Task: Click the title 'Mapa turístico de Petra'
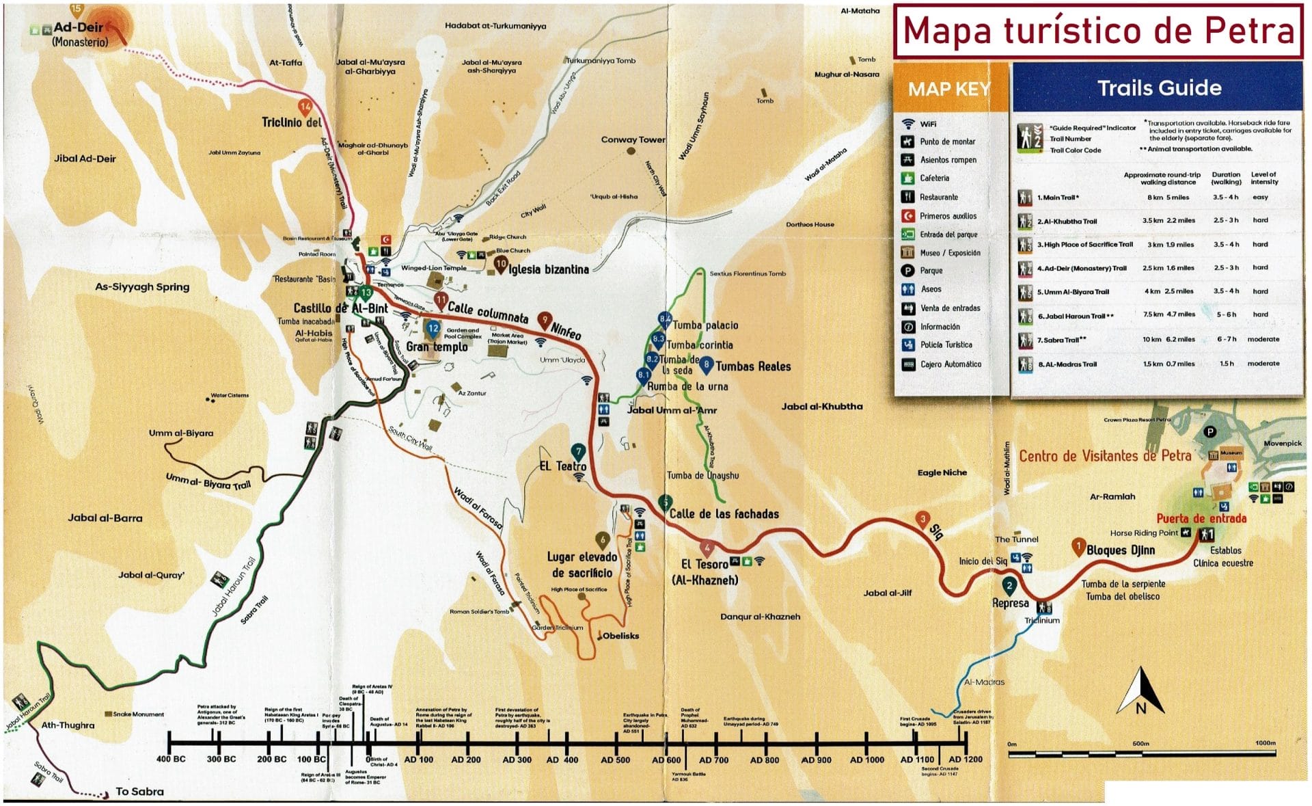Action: [x=1098, y=31]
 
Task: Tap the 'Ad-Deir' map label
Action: [x=79, y=28]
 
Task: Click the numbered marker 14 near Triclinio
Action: [x=305, y=107]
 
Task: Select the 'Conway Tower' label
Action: [x=633, y=139]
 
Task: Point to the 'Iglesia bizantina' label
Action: [x=548, y=269]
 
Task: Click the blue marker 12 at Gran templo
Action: [x=433, y=329]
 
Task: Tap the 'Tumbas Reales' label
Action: [x=752, y=366]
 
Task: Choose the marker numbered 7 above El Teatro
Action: [x=579, y=451]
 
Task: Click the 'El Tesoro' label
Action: [x=705, y=565]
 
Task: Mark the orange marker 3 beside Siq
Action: [x=922, y=520]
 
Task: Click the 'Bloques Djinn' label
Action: [x=1120, y=550]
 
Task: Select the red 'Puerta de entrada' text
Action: [x=1201, y=518]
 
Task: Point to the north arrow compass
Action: [x=1140, y=692]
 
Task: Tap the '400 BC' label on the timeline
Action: [x=171, y=759]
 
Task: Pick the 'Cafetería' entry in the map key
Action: [x=934, y=178]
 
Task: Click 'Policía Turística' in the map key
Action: [x=946, y=345]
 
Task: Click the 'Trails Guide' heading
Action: [x=1159, y=88]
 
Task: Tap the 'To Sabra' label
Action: [x=139, y=791]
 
